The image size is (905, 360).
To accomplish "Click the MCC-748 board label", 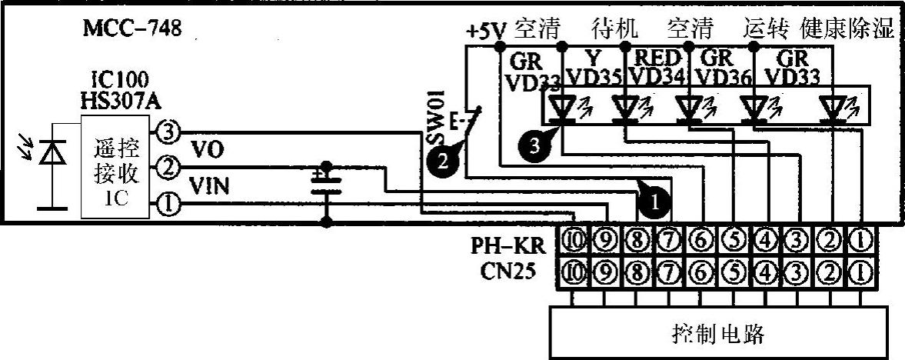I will (x=131, y=31).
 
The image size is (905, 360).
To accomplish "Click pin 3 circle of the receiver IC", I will (x=168, y=132).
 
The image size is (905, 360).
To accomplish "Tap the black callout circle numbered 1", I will (x=653, y=202).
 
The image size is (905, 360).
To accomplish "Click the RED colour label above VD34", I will (x=657, y=58).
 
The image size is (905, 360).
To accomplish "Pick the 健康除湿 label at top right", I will (x=848, y=30).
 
